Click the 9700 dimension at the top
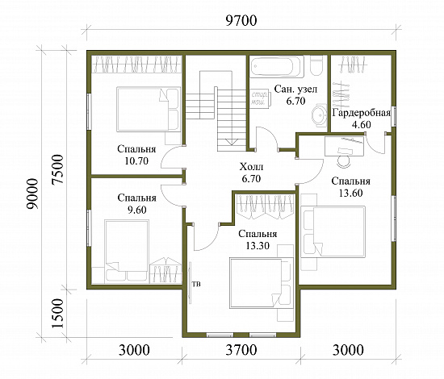tap(241, 21)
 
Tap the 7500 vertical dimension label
tap(58, 169)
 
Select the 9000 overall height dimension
tap(32, 194)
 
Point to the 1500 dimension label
tap(58, 313)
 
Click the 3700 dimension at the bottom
tap(241, 350)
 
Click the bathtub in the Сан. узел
tap(277, 67)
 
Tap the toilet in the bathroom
tap(316, 65)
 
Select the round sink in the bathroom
tap(320, 115)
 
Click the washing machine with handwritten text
tap(260, 98)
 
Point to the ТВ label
tap(196, 284)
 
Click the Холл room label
tap(251, 167)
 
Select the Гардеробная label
tap(362, 113)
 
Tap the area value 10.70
tap(136, 161)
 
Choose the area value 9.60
tap(136, 210)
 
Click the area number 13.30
tap(258, 246)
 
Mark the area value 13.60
tap(350, 193)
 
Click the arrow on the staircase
tap(232, 142)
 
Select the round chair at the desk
tap(344, 161)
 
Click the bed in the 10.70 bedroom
tap(149, 109)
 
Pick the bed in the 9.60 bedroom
tap(127, 251)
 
